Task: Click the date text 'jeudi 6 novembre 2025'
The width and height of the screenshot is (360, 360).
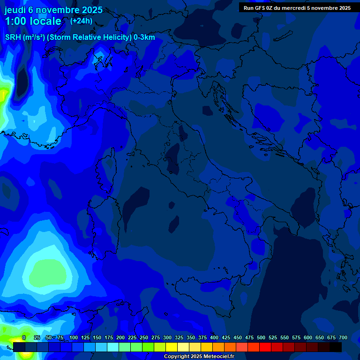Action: [53, 10]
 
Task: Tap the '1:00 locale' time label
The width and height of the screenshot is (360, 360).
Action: [33, 21]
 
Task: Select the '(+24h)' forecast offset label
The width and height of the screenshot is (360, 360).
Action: [81, 21]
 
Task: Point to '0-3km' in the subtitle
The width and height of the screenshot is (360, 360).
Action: [144, 37]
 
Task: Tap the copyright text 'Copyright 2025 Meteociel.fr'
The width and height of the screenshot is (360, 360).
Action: [199, 357]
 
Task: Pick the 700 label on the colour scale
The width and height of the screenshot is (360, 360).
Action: [343, 337]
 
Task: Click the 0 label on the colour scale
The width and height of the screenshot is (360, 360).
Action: [24, 337]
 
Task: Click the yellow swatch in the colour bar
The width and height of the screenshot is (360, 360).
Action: [172, 347]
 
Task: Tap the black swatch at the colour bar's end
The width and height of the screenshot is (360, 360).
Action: [336, 347]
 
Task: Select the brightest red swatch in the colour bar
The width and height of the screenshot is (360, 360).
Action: [265, 347]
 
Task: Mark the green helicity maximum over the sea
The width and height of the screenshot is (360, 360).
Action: [49, 272]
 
